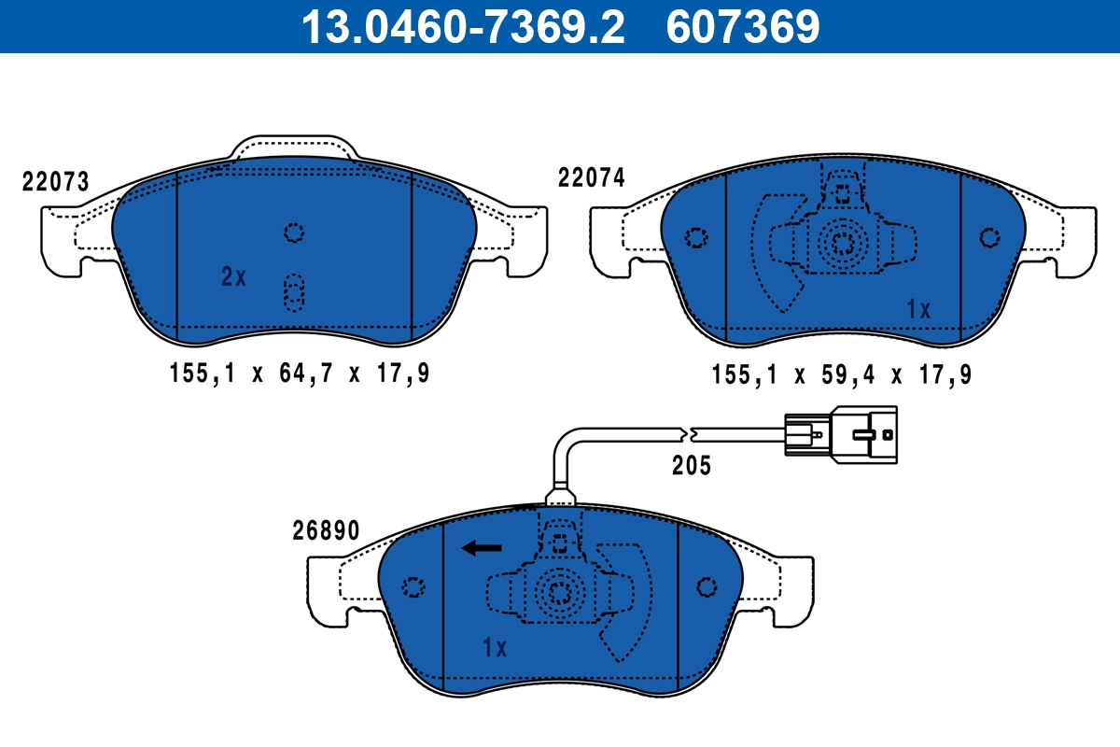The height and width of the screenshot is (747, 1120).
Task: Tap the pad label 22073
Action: tap(56, 182)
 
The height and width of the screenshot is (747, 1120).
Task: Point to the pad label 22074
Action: tap(592, 177)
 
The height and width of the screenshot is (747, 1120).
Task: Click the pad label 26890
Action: tap(325, 531)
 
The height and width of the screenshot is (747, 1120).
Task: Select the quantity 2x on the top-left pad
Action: tap(233, 276)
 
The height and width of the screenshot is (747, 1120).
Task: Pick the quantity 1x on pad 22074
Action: tap(919, 310)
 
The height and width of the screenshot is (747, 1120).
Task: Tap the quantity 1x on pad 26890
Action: tap(494, 647)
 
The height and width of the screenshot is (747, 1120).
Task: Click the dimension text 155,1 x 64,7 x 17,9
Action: tap(300, 374)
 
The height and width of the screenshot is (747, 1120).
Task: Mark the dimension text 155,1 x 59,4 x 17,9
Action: tap(842, 375)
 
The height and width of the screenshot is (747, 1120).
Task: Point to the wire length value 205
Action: tap(692, 465)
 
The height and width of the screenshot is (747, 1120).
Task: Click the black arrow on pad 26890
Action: tap(483, 548)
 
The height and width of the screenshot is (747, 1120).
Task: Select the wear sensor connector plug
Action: tap(841, 431)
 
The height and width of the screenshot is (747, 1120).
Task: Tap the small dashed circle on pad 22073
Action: tap(294, 233)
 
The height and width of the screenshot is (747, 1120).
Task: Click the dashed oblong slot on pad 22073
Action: tap(294, 292)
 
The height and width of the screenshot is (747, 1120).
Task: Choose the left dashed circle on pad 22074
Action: tap(695, 237)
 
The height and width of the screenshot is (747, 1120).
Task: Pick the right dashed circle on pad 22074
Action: tap(989, 237)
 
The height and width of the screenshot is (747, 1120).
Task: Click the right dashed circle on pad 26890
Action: tap(707, 586)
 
